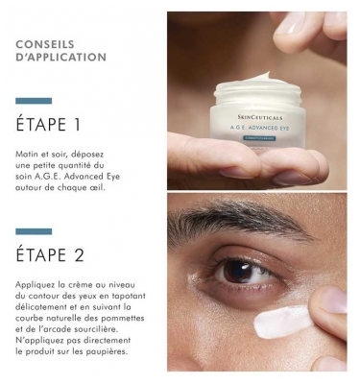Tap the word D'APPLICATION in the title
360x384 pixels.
(61, 58)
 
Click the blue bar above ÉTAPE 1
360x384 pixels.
(34, 100)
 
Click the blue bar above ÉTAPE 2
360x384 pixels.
(34, 230)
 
